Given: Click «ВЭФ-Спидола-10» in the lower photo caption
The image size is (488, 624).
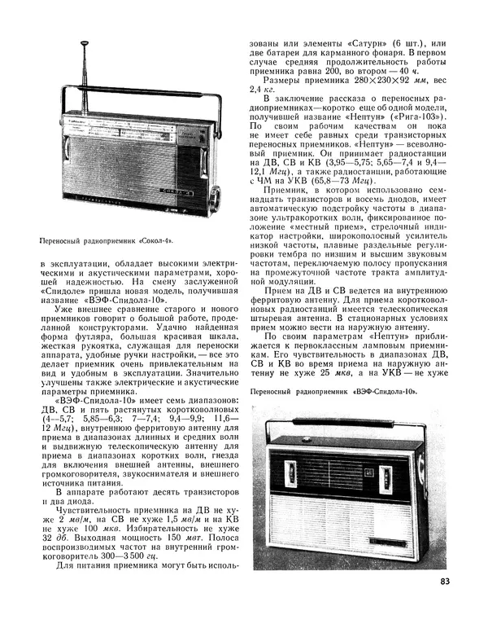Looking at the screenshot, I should point(384,392).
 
